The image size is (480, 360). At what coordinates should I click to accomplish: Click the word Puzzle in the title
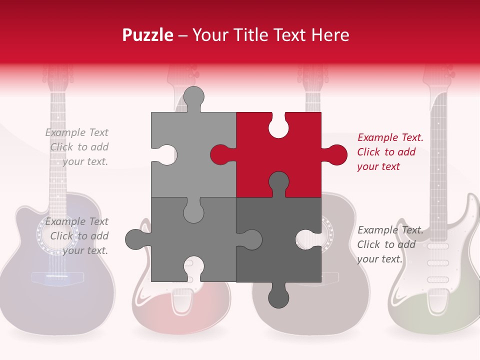point(147,35)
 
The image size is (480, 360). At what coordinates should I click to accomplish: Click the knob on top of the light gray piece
point(194,98)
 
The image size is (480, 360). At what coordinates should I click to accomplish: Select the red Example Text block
point(390,152)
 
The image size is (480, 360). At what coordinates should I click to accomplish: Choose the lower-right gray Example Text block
point(390,244)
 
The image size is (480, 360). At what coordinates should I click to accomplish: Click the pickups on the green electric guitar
point(438,262)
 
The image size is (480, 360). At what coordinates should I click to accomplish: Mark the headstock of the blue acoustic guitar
point(58,75)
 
